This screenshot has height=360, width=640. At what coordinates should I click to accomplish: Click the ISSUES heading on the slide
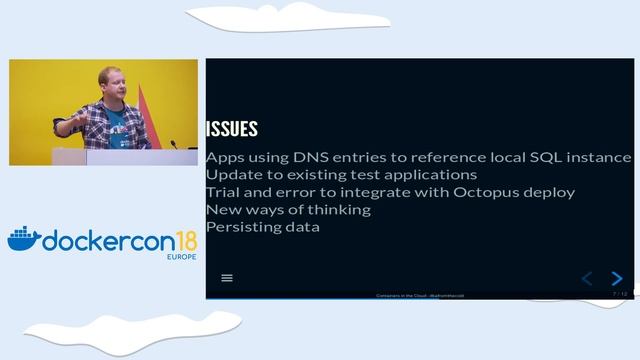click(x=231, y=129)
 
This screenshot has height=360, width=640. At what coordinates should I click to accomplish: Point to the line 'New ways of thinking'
click(x=288, y=209)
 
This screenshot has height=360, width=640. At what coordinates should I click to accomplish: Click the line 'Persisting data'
click(x=263, y=226)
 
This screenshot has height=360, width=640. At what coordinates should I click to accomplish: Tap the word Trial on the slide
click(x=224, y=192)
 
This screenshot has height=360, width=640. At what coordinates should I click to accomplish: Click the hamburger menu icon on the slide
click(x=227, y=278)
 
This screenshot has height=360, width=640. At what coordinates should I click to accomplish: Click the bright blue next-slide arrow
click(x=617, y=278)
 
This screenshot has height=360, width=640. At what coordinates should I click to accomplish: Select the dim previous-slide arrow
click(x=587, y=278)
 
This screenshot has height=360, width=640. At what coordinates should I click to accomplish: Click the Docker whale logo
click(x=24, y=238)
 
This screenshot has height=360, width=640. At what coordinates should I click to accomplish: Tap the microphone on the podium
click(x=172, y=144)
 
